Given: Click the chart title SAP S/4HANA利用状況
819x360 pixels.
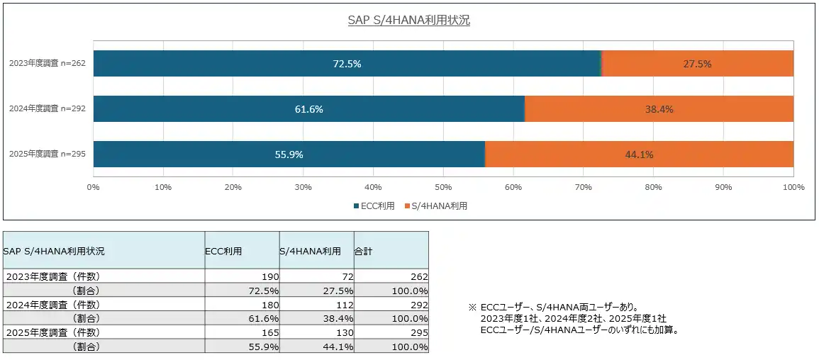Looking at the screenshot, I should click(x=409, y=20).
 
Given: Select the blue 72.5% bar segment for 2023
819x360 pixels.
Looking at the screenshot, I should click(x=347, y=64).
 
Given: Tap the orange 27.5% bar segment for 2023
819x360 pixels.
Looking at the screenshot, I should click(x=697, y=64).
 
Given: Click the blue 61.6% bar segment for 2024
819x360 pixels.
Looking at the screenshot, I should click(x=308, y=109).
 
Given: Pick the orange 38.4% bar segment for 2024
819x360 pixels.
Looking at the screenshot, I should click(x=659, y=109).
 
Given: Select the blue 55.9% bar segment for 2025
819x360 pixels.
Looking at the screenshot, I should click(x=289, y=154).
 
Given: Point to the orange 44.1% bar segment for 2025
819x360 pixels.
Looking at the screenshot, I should click(x=639, y=154).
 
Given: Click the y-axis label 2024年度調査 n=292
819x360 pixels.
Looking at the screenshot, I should click(x=48, y=109).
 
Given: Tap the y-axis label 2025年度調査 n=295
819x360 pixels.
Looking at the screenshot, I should click(x=48, y=154).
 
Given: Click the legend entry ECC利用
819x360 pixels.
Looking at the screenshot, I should click(x=374, y=206).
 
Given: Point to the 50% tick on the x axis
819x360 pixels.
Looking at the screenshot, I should click(x=443, y=188).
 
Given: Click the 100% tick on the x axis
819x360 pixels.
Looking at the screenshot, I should click(x=793, y=188).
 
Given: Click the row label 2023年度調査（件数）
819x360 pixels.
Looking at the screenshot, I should click(x=53, y=276).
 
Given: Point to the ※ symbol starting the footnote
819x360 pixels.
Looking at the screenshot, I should click(x=472, y=308).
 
